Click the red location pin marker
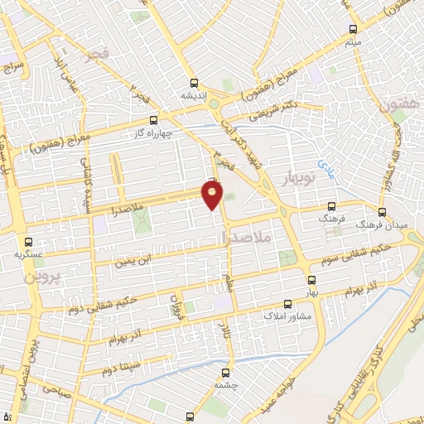coord(213,195)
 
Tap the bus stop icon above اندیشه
coord(194,83)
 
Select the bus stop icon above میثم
coord(352,29)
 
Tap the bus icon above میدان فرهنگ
coord(383,211)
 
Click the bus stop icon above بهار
coord(311,280)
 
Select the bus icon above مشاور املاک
coord(287,304)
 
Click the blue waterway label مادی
coord(325,167)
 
